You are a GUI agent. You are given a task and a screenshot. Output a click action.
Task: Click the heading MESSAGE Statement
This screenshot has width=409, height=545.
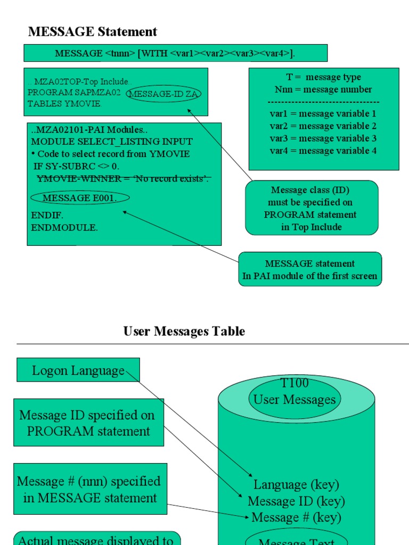pos(93,32)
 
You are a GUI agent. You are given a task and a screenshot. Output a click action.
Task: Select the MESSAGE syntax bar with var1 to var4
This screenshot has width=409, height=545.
pos(175,53)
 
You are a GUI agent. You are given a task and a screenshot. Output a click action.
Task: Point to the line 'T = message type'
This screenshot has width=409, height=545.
pos(323,77)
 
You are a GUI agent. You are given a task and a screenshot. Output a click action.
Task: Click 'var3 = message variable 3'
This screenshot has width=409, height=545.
pos(323,138)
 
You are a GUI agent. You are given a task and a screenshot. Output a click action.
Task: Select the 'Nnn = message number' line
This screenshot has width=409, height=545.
pos(323,89)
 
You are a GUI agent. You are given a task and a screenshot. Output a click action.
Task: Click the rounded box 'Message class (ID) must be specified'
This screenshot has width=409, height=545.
pos(312,208)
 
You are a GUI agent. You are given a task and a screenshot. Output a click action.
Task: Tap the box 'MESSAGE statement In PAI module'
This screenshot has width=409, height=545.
pos(310,270)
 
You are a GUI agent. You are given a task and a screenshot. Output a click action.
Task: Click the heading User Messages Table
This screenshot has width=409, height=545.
pos(184,331)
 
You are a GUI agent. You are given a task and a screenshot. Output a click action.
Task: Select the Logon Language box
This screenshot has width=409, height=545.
pos(78,370)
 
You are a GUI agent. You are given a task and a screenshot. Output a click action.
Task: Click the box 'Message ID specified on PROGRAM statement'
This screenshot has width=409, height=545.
pos(88,423)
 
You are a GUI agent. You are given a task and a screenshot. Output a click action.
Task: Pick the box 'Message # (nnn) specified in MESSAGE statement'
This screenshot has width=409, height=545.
pos(90,489)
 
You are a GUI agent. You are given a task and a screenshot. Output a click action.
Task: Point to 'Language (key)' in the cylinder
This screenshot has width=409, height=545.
pos(296,485)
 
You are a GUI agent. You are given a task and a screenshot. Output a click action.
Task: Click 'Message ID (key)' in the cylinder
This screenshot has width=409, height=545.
pos(296,501)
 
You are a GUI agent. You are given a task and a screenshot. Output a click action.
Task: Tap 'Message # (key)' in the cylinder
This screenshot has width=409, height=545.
pos(296,517)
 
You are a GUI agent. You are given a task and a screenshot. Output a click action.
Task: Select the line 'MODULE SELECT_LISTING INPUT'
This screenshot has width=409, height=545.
pos(112,142)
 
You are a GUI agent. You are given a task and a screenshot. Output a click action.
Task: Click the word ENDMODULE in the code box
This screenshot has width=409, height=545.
pos(64,227)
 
